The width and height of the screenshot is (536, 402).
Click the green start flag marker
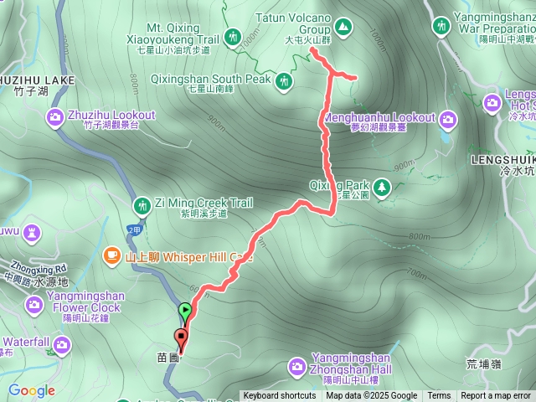coord(185,312)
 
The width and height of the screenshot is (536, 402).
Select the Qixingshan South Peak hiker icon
coord(285,80)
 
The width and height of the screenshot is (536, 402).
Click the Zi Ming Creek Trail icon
coord(141,204)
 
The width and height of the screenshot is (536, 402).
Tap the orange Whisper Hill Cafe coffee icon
coord(111,255)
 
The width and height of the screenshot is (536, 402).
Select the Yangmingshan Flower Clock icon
coord(33,302)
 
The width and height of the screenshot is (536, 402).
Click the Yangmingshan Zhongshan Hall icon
coord(296,366)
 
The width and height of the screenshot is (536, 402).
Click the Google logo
coord(31,390)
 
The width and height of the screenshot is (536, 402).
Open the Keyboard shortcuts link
coord(280,396)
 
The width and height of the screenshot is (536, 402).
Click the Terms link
coord(439,396)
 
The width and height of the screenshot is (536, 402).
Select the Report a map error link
coord(496,396)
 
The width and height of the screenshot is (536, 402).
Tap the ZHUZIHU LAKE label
coord(38,80)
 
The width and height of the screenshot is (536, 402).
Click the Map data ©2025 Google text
coord(371,396)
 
